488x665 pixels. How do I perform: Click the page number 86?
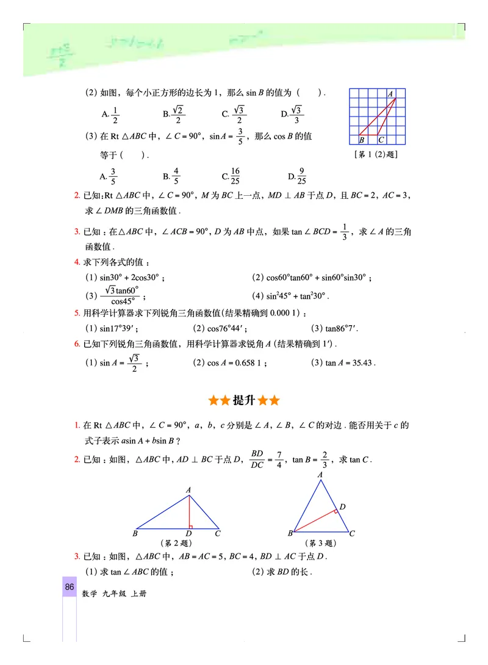(x=70, y=587)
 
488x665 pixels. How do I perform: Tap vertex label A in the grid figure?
(x=391, y=93)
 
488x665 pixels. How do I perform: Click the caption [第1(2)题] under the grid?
(x=375, y=154)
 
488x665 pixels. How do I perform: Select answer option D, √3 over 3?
(x=293, y=114)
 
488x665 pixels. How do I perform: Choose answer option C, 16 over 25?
(x=231, y=176)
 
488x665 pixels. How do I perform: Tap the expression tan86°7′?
(x=335, y=328)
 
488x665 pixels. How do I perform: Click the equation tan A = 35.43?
(x=344, y=362)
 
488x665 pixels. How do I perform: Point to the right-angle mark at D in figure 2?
(x=192, y=525)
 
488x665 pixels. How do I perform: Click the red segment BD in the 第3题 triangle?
(x=315, y=520)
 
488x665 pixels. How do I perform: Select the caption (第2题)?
(x=176, y=543)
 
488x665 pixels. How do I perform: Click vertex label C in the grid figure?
(x=381, y=140)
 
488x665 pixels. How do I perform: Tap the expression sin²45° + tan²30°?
(x=290, y=296)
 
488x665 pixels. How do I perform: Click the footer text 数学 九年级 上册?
(x=113, y=594)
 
